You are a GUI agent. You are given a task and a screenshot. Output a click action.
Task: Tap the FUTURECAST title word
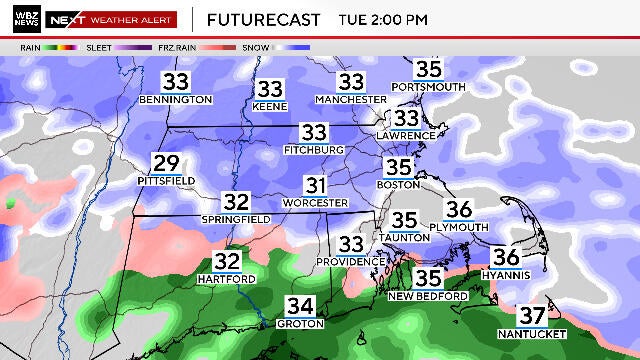(x=264, y=19)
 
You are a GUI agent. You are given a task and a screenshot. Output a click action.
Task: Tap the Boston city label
(x=397, y=185)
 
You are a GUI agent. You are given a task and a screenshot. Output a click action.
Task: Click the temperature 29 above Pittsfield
(x=166, y=164)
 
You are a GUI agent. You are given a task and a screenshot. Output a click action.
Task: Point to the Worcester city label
(x=317, y=203)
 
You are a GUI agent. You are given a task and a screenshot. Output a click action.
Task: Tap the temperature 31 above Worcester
(x=317, y=186)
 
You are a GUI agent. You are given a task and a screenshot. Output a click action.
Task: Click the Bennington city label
(x=176, y=100)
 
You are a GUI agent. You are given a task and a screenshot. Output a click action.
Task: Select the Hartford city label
(x=226, y=278)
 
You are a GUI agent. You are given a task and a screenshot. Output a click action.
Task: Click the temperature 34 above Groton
(x=300, y=306)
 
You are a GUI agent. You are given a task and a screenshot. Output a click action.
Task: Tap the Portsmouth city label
(x=428, y=87)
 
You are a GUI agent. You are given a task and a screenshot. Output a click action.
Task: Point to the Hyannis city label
(x=505, y=273)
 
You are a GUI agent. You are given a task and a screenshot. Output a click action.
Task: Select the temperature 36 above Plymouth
(x=458, y=210)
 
